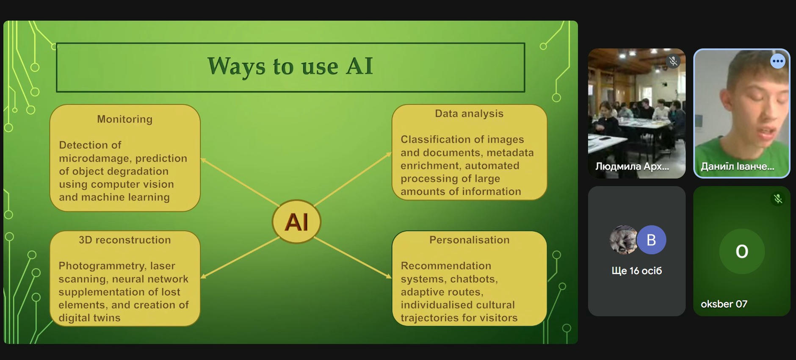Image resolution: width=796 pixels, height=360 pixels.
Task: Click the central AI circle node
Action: [296, 222]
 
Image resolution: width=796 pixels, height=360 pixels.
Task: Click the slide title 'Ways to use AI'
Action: [290, 66]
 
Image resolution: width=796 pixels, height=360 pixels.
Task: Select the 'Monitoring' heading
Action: [124, 119]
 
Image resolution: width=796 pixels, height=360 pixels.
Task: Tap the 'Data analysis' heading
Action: [469, 114]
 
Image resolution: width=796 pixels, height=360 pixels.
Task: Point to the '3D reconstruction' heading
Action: [124, 240]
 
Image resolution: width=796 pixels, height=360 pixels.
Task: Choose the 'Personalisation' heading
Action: [469, 240]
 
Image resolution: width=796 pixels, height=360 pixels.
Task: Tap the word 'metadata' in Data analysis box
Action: [510, 152]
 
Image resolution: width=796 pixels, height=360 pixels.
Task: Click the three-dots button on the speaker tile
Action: [778, 61]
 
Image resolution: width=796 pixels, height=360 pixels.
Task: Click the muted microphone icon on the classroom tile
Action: [673, 61]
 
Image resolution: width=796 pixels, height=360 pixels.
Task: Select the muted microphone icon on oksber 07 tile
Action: [778, 199]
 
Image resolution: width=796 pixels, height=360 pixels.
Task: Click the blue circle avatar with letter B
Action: [651, 240]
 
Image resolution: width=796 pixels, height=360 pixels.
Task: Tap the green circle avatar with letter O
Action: [742, 251]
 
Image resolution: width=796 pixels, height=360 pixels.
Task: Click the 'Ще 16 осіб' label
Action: [636, 271]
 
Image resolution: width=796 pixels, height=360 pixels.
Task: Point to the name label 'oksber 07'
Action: [724, 304]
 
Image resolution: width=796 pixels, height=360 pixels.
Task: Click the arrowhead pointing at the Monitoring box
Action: [203, 160]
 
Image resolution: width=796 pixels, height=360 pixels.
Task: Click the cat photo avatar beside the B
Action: [623, 240]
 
